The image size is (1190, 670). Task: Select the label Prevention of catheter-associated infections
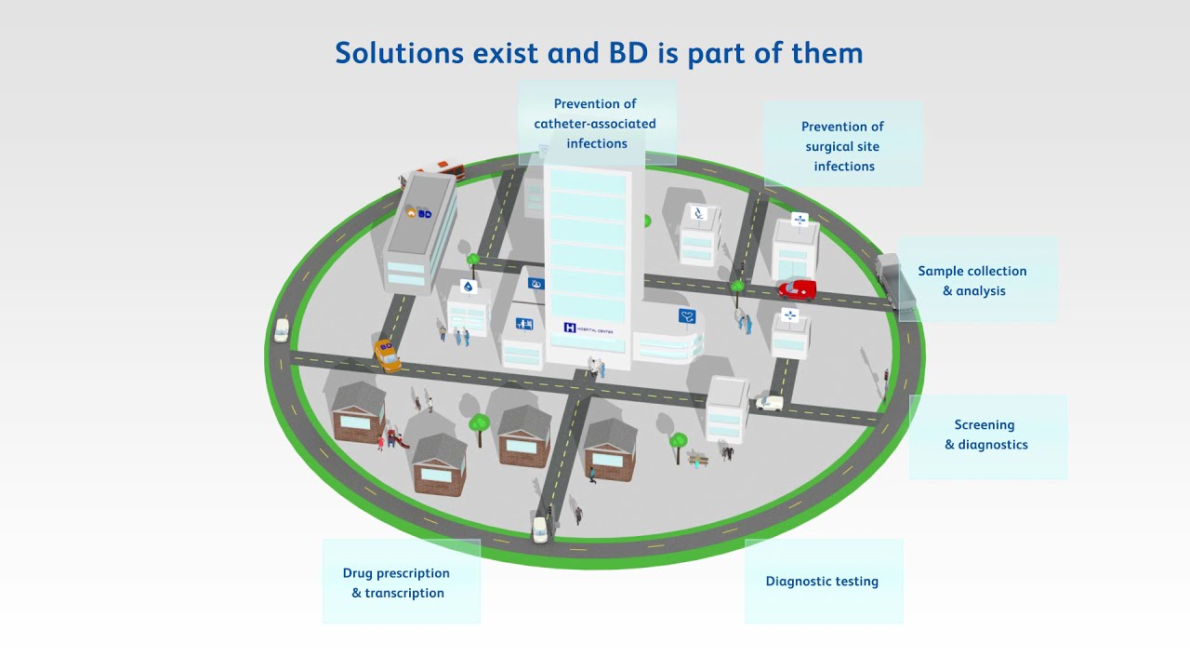point(596,124)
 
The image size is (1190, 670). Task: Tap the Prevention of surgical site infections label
point(843,146)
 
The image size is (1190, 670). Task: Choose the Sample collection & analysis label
point(972,281)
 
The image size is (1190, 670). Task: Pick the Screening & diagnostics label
point(985,435)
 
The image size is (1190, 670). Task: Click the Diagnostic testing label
point(822,582)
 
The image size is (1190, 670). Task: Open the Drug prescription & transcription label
point(397,583)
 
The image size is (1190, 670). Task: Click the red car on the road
point(798,289)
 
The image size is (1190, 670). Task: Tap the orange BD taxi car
point(387,354)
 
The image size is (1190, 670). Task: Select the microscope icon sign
point(700,214)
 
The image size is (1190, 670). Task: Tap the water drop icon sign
point(468,287)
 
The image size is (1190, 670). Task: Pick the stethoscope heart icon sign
point(687,315)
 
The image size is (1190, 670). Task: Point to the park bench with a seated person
point(697,458)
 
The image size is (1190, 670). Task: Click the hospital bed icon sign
point(524,324)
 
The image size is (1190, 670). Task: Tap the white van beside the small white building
point(769,403)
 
